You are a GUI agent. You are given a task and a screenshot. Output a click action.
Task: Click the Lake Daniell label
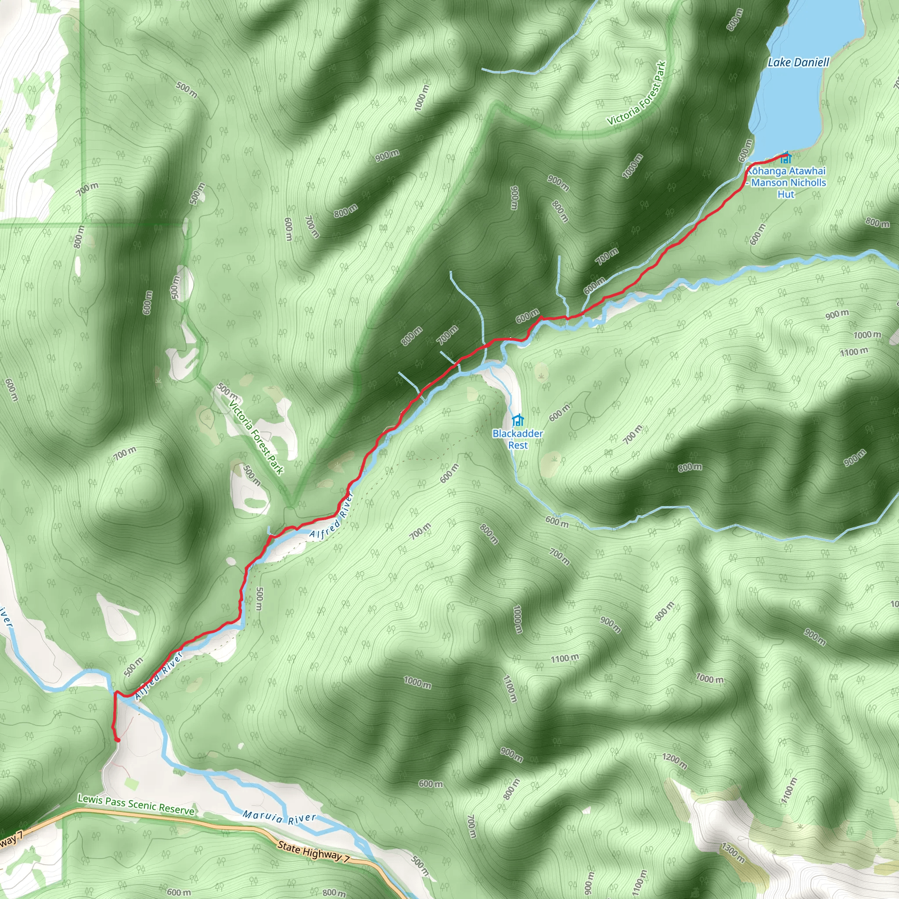pos(798,62)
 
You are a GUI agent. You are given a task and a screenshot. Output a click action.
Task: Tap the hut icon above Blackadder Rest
pos(518,421)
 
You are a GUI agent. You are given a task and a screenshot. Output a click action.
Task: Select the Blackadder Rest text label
pos(518,439)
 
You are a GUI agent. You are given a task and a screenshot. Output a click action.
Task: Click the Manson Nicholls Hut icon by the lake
pos(786,158)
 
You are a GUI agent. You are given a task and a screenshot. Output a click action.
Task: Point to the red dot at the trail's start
pos(117,739)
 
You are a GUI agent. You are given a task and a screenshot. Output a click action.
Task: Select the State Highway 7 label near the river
pos(313,852)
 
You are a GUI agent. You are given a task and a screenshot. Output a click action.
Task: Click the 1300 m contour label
pos(733,852)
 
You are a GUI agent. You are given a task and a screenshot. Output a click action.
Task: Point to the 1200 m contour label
pos(675,761)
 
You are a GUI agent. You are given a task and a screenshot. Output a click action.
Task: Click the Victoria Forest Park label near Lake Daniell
pos(636,93)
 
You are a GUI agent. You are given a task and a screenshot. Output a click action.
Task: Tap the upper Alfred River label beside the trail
pos(332,518)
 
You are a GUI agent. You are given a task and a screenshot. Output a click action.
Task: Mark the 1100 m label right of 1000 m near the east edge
pos(853,352)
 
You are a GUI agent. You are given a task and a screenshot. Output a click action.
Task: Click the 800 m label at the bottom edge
pos(334,892)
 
